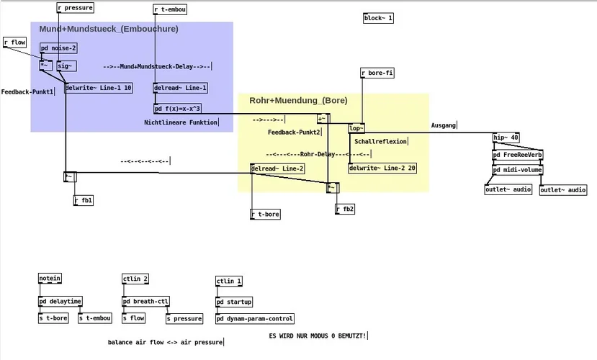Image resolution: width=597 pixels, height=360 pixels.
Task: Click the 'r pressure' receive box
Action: pos(75,9)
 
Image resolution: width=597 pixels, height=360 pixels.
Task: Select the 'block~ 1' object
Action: pos(378,18)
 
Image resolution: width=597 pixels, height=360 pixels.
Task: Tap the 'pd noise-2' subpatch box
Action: pos(58,48)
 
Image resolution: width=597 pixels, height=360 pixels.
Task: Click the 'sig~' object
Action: pos(66,66)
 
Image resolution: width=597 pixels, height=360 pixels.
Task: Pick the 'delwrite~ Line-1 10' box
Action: pos(99,88)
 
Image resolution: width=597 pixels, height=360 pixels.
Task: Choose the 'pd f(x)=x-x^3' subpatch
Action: pos(177,109)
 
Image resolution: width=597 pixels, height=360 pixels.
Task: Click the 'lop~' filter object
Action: pos(356,128)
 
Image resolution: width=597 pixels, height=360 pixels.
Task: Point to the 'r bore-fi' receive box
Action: pos(377,73)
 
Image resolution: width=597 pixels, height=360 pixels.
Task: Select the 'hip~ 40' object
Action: pos(506,138)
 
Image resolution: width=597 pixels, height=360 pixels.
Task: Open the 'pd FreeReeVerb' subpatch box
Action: pos(517,155)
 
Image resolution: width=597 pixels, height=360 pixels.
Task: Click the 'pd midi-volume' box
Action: pos(517,170)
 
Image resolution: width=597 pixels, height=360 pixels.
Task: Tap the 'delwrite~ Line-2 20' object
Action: pos(382,168)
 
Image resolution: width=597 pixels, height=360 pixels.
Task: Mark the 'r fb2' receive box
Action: pos(346,209)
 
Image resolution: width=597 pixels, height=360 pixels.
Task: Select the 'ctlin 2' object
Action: pos(135,279)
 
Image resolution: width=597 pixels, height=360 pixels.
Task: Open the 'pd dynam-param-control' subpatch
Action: pos(255,318)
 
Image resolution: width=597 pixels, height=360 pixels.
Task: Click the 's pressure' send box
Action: pos(184,318)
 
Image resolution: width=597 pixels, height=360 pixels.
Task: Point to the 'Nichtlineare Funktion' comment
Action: pos(179,122)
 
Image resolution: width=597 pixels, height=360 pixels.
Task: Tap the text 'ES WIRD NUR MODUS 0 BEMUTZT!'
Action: pos(318,336)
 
